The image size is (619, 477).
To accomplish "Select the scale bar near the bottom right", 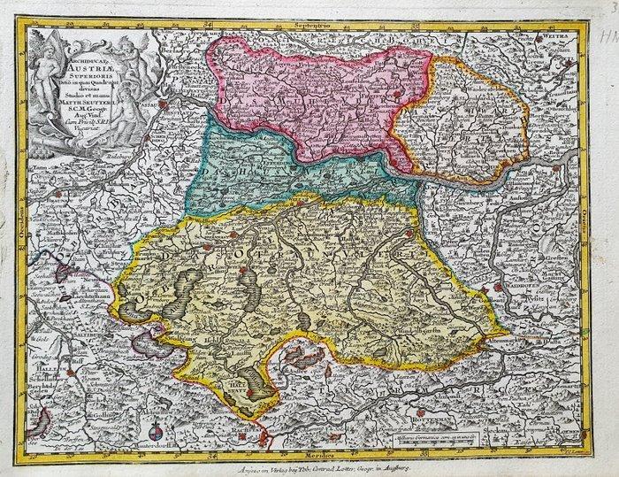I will coord(432,435).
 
